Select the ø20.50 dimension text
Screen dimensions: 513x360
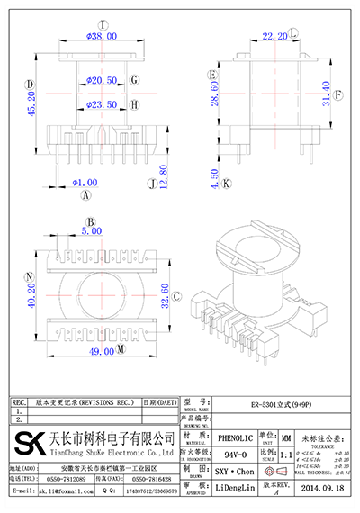click(x=103, y=81)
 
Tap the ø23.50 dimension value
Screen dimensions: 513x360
click(x=103, y=105)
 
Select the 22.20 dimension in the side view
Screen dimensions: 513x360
click(x=274, y=37)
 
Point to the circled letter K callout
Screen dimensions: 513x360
click(x=227, y=184)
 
